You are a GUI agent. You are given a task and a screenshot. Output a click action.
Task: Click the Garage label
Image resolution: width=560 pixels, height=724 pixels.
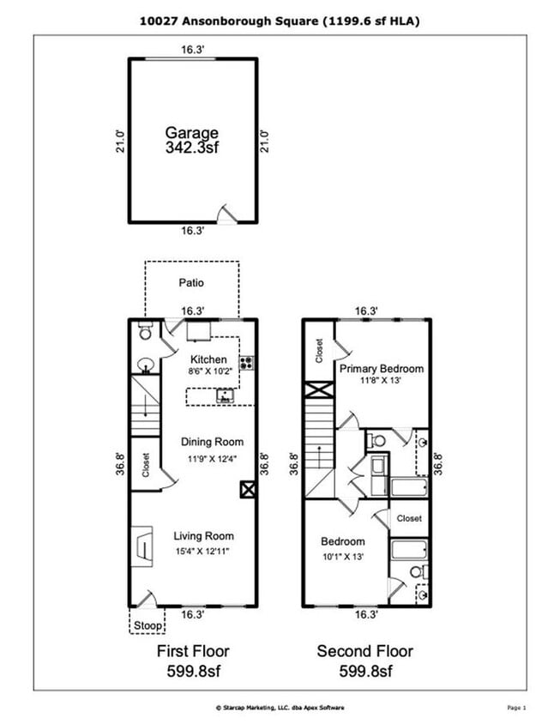point(192,133)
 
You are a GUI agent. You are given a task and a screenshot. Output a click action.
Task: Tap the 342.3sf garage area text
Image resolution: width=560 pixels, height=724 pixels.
point(192,148)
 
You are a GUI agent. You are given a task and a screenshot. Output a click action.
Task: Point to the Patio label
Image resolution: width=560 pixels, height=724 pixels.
point(191,282)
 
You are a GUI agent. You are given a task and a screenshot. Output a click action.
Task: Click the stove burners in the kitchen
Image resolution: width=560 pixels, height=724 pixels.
point(246,362)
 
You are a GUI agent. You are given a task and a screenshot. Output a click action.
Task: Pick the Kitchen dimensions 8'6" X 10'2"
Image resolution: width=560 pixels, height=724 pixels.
point(208,372)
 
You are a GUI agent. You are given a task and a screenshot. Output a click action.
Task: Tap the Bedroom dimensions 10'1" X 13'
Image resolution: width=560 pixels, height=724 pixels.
point(343,556)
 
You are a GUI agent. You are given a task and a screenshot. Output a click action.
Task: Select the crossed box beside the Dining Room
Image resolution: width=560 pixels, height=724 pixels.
point(247,490)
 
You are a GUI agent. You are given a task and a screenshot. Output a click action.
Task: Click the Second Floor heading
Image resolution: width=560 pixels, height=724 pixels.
point(365,651)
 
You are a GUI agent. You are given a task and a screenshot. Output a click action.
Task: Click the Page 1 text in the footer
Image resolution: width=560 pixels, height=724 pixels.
point(515,708)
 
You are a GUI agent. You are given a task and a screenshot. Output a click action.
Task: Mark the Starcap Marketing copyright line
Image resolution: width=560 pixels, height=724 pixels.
point(280,708)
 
